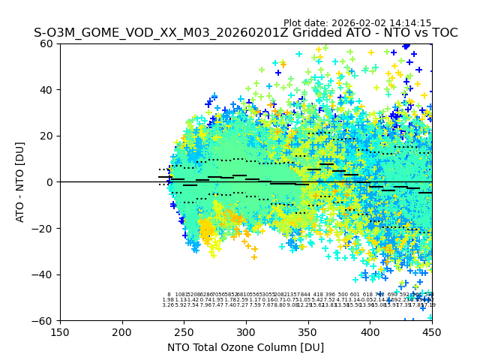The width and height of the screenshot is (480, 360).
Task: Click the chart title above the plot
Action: click(x=245, y=34)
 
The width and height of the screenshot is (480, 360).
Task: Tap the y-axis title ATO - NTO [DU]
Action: click(x=20, y=181)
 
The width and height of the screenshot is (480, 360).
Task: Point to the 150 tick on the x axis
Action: click(x=60, y=331)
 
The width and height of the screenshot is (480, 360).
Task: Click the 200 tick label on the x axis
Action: click(x=122, y=331)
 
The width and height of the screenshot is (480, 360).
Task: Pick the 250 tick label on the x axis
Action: click(x=184, y=331)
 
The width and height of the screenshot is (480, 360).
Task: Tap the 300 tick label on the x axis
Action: click(x=246, y=331)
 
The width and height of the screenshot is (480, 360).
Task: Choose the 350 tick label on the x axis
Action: click(x=308, y=331)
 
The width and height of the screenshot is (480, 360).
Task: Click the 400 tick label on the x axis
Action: click(x=370, y=331)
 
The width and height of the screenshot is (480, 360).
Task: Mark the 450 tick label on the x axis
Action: click(x=431, y=331)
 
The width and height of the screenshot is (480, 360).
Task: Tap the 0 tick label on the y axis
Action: click(x=51, y=182)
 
